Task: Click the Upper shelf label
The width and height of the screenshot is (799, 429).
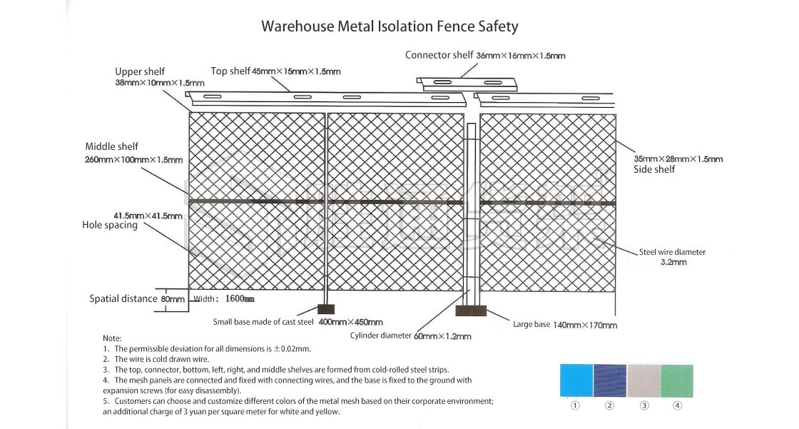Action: pos(140,71)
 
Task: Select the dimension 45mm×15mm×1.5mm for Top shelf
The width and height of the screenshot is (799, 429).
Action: pos(296,71)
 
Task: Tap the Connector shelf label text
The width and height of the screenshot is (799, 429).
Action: pos(439,55)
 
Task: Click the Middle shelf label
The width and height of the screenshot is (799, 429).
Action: pos(112,147)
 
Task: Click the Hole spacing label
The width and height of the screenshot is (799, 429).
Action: pos(110,226)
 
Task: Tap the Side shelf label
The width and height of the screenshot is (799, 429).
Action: pos(654,170)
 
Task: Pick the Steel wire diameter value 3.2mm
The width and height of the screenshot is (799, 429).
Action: pos(673,263)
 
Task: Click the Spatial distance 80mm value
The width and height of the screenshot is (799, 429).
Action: pos(173,300)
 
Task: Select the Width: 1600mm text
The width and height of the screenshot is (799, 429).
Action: pos(224,299)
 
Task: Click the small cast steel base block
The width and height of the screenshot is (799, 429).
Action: pos(325,310)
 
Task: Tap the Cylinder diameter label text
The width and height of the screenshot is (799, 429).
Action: pos(381,335)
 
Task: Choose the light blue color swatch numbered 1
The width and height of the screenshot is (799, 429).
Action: pos(576,380)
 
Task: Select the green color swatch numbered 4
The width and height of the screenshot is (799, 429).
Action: pos(676,380)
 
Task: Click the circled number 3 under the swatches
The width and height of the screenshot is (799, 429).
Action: pos(643,405)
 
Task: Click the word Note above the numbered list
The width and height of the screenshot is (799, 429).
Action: pos(112,338)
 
